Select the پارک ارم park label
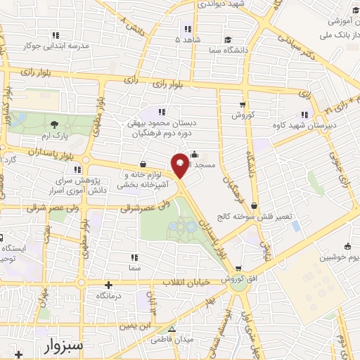click(56, 134)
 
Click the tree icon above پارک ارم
click(56, 123)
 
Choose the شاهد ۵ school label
click(188, 39)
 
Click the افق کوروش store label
click(238, 279)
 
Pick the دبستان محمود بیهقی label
click(163, 124)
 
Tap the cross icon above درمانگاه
click(107, 285)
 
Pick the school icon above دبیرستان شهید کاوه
click(304, 114)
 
